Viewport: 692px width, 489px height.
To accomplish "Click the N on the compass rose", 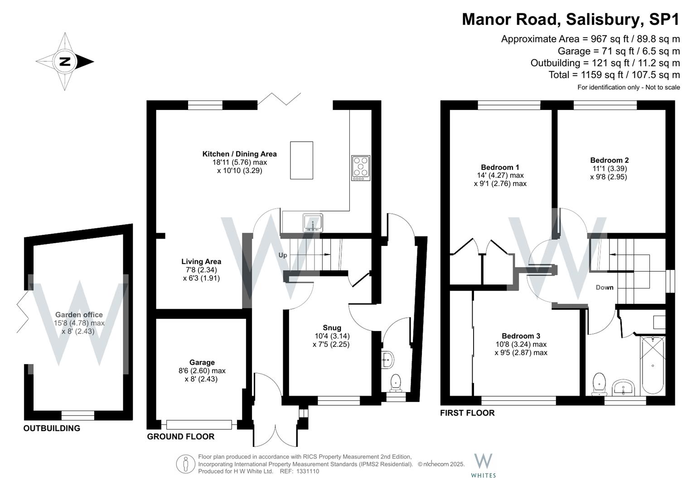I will point(65,61).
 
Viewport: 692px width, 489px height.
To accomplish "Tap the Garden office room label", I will point(79,315).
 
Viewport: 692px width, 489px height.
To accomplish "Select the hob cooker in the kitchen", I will point(361,168).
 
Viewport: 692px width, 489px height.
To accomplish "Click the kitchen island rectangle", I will point(302,160).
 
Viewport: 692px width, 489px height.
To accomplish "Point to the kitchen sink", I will point(313,223).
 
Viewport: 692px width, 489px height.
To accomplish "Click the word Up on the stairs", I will point(283,255).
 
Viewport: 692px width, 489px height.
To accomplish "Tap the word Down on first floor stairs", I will point(605,288).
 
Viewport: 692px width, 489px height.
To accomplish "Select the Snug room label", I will point(332,328).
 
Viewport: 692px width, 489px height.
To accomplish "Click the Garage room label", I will point(202,362).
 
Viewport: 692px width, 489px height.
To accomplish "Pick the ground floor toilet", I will point(397,382).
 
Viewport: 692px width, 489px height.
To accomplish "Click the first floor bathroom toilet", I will point(600,383).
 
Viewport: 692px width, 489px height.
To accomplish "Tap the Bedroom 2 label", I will point(609,160).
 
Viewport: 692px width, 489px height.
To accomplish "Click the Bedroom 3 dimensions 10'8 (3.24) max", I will point(521,344).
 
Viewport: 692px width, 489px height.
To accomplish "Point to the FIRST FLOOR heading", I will point(467,413).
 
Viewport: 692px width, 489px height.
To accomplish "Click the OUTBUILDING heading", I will point(52,428).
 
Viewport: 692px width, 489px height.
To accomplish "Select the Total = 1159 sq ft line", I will point(614,75).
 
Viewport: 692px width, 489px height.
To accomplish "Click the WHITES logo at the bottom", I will point(483,465).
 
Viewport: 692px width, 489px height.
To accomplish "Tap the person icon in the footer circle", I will point(185,464).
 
